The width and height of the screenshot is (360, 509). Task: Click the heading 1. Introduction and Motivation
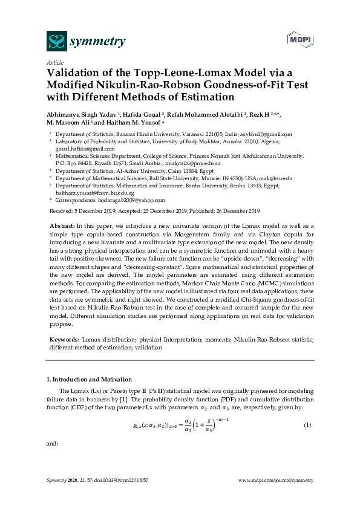[89, 379]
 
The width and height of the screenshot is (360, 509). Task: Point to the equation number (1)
[307, 426]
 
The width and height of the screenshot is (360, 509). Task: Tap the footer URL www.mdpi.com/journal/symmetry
[277, 479]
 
